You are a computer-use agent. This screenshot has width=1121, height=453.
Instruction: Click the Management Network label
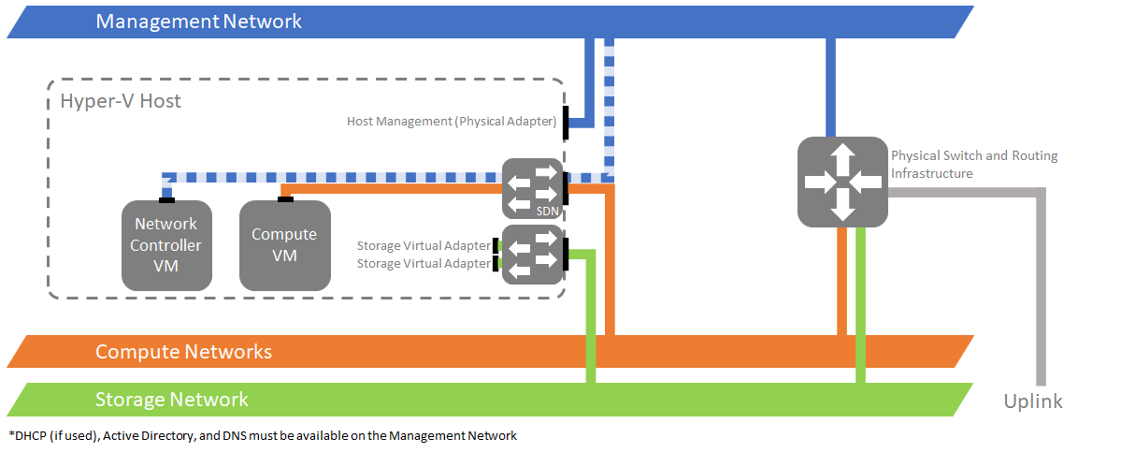198,21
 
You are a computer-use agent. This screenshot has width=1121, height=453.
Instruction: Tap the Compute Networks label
183,352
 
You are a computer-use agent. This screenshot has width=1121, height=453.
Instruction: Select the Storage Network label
171,400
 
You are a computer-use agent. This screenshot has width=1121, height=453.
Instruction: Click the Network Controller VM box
165,245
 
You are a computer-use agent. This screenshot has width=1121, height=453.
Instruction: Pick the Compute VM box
284,245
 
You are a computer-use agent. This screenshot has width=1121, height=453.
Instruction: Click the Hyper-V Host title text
121,101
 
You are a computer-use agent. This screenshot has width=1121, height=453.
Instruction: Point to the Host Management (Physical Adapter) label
452,122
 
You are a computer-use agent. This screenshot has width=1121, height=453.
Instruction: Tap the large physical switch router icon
842,181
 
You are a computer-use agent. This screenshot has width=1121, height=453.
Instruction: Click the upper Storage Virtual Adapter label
423,246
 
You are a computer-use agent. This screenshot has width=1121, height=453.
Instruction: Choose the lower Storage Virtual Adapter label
423,264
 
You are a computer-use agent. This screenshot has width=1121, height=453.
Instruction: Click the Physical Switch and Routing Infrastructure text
973,164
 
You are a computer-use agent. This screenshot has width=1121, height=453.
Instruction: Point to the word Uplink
1033,402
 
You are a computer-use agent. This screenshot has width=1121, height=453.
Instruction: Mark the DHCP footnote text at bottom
263,435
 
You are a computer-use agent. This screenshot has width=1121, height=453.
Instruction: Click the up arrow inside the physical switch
842,155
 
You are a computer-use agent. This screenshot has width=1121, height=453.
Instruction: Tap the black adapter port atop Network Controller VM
165,198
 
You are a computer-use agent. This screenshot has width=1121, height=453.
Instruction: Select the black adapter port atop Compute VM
285,198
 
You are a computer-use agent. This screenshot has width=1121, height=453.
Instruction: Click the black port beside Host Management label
565,125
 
